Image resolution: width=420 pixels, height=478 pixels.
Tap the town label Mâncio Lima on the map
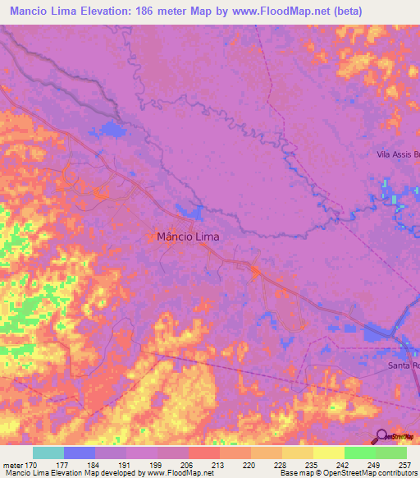point(188,236)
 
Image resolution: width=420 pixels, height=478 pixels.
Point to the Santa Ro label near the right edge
point(404,365)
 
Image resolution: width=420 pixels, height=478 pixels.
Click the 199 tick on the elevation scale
point(156,464)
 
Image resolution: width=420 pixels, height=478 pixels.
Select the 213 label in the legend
point(218,464)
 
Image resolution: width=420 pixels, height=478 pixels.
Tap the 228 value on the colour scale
point(281,464)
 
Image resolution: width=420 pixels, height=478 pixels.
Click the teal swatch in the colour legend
point(48,453)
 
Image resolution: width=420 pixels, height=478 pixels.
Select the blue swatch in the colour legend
point(80,453)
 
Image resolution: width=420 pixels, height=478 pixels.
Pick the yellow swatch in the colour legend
point(328,453)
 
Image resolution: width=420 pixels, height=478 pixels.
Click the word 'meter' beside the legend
point(12,464)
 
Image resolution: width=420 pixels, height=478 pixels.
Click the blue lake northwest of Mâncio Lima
point(109,128)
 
